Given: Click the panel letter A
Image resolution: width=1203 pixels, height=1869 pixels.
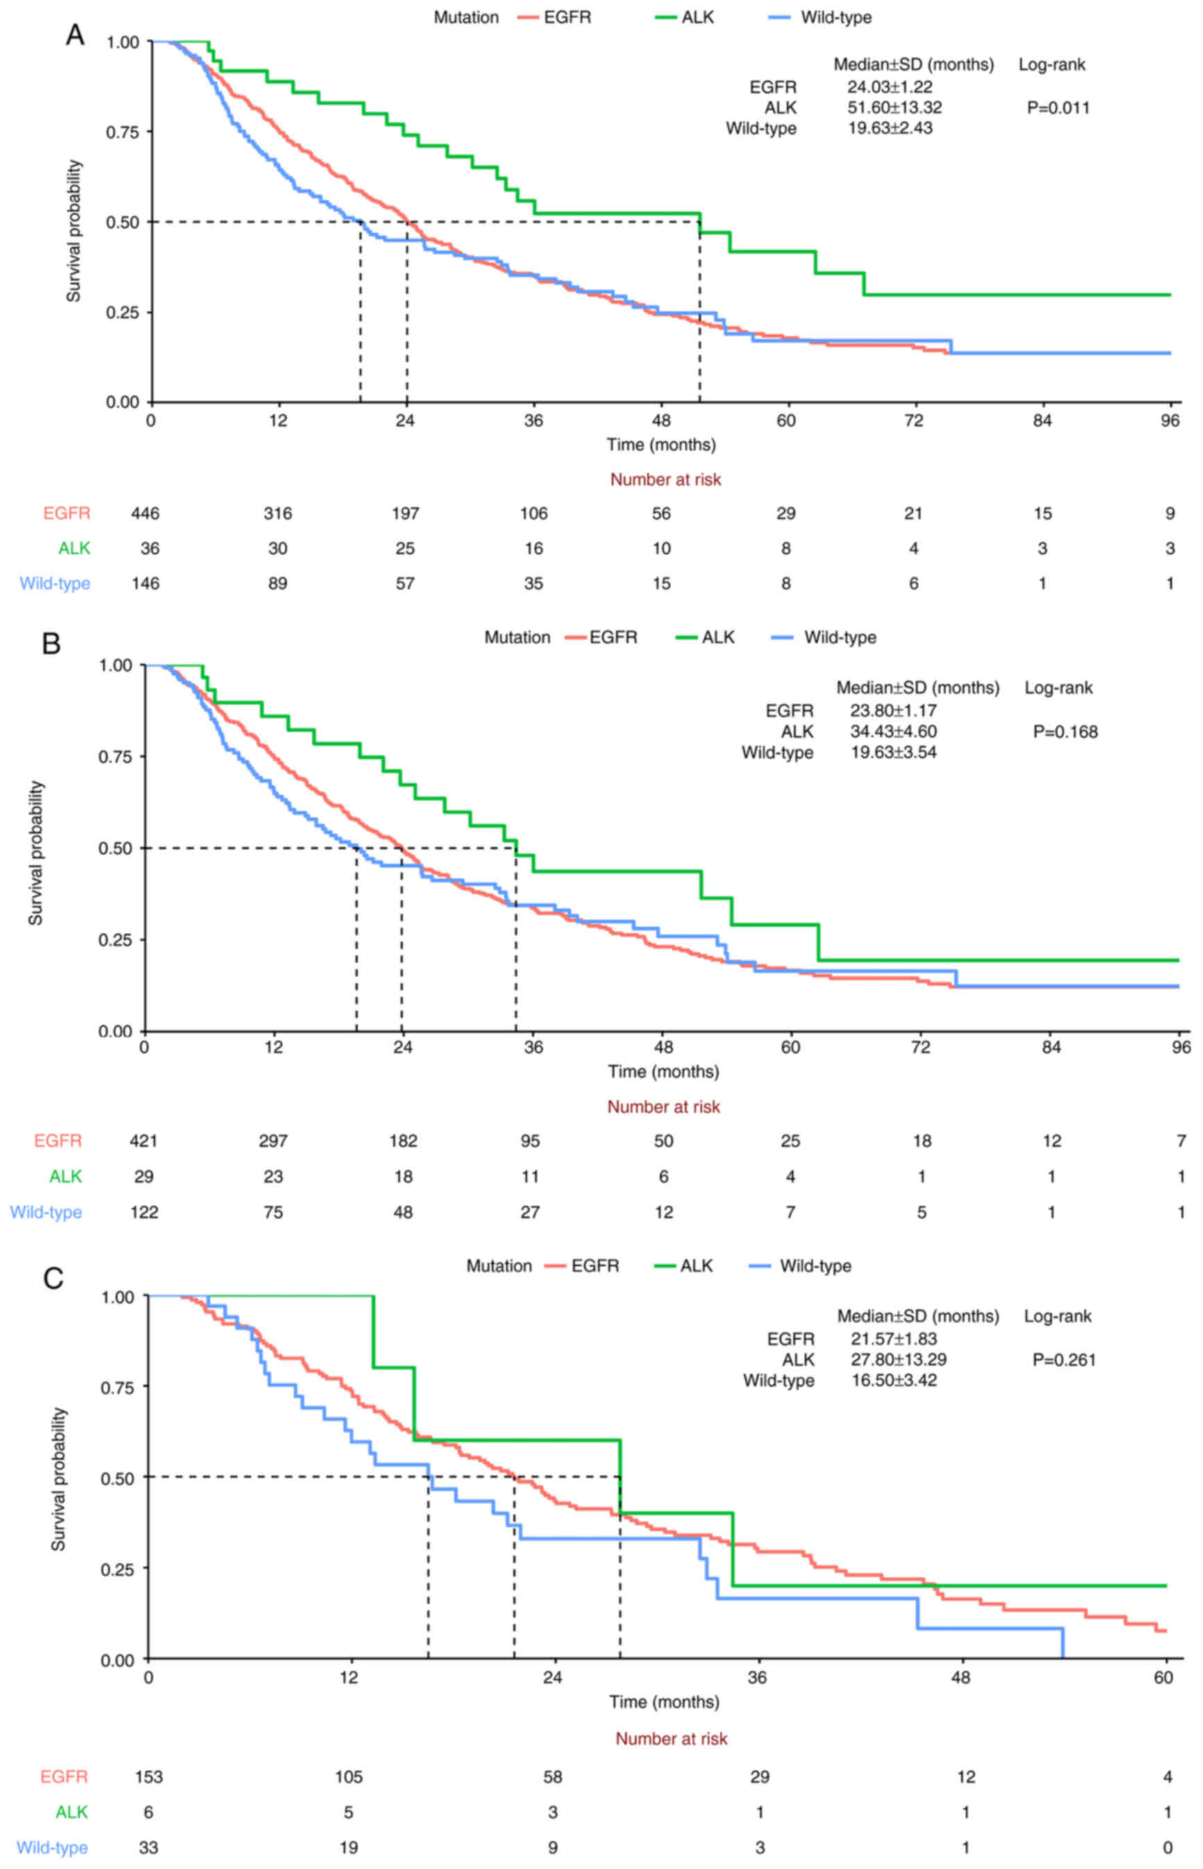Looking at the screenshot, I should coord(75,35).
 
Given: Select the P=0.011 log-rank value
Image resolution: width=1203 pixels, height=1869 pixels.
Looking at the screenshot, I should coord(1058,108).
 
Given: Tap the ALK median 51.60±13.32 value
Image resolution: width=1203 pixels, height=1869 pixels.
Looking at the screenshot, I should coord(894,108).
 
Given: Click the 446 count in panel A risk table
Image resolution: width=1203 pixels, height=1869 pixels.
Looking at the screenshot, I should coord(145,513).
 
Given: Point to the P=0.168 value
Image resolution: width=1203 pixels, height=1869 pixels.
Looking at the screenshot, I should coord(1065,731).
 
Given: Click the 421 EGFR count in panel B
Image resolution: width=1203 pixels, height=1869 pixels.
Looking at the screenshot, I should coord(144,1141).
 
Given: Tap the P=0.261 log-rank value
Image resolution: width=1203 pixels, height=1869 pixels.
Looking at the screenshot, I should coord(1063,1360).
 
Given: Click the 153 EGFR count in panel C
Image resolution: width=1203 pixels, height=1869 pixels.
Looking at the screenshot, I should coord(149,1777).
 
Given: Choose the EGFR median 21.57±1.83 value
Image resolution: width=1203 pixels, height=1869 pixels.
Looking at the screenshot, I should coord(893,1339).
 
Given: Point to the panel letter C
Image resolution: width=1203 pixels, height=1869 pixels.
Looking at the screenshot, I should coord(53,1278).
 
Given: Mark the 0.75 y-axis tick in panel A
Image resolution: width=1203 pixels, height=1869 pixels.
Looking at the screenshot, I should coord(122,132).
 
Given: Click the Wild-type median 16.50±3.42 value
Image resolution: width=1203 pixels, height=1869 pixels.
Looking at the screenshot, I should coord(893,1380).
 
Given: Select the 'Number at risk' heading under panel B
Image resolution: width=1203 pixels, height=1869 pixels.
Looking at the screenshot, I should coord(663,1107).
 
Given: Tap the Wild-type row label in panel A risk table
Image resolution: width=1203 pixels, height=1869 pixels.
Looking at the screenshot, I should coord(55,584).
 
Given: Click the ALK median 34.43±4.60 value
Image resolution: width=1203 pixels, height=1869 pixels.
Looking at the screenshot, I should coord(893,731).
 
